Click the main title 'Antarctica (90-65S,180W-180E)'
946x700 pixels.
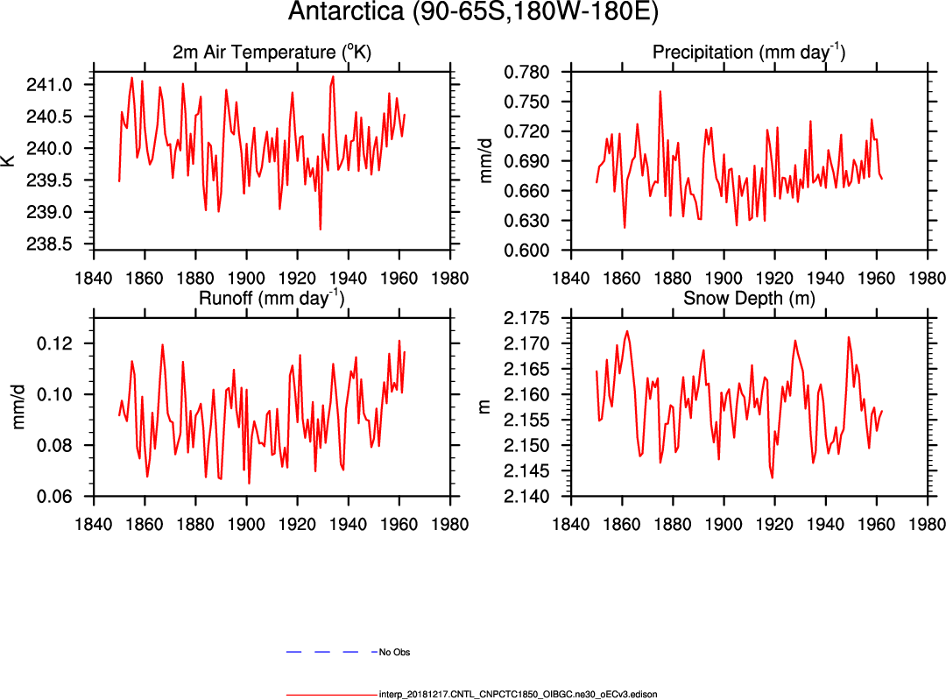(x=474, y=13)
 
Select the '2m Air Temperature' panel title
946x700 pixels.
(x=272, y=53)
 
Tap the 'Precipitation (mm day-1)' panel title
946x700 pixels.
(x=749, y=53)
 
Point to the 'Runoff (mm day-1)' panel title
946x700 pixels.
(x=272, y=297)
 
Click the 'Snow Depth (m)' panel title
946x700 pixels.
(x=749, y=297)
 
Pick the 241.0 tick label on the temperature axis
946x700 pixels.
(x=67, y=85)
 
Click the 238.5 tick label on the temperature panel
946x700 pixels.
(x=67, y=244)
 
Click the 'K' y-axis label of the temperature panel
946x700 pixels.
(x=9, y=160)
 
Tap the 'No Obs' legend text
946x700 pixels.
(x=394, y=653)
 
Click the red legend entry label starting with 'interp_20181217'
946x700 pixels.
(x=518, y=694)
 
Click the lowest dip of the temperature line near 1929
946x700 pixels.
(x=321, y=230)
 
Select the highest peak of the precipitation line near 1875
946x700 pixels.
(x=660, y=91)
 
